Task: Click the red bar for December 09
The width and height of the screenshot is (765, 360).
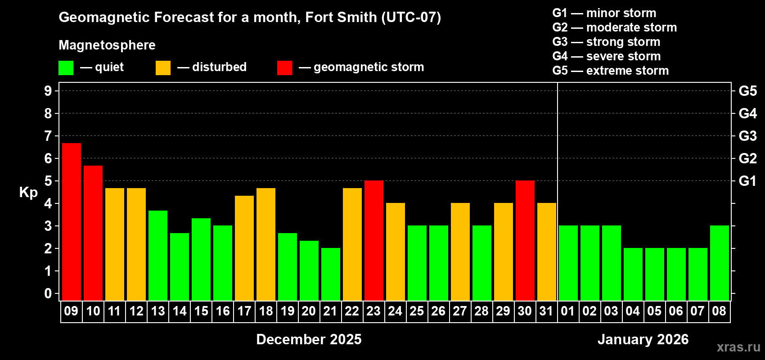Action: pos(72,221)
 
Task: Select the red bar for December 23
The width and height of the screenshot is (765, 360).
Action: pos(374,240)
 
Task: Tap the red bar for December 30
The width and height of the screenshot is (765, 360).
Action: pos(525,240)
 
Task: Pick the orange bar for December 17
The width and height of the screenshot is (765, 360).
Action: pos(244,248)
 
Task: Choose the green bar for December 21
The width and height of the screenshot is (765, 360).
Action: pos(331,274)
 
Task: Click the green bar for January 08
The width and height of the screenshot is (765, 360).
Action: pos(720,263)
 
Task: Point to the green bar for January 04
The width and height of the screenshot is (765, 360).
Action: pos(633,274)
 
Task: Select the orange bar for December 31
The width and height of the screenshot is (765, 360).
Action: pos(547,252)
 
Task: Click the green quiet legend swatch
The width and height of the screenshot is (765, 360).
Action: pos(66,68)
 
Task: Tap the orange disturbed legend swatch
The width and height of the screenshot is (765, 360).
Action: pos(163,68)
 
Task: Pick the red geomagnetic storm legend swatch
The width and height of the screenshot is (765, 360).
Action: pos(284,68)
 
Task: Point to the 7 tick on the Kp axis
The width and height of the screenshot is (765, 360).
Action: pos(48,136)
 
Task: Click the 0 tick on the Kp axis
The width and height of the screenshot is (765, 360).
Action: pos(48,294)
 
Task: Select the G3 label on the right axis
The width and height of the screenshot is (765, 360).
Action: pos(747,136)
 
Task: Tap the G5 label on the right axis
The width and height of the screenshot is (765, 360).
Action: pos(747,91)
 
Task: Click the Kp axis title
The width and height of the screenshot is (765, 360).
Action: pos(28,192)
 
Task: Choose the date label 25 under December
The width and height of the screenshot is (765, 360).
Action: pos(417,311)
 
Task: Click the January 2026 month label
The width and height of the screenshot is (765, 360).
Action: pos(643,339)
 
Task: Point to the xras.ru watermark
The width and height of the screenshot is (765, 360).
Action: pos(738,347)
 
